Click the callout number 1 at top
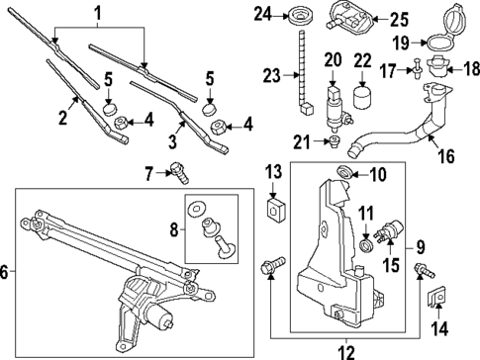coord(97,13)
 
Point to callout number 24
coord(261,14)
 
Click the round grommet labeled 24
coord(296,16)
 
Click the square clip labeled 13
coord(274,211)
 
